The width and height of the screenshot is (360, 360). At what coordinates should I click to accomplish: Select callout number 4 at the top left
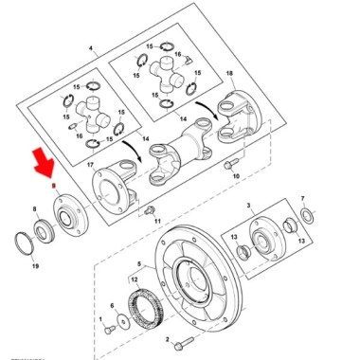[91, 48]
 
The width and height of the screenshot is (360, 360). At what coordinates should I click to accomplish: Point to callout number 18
[228, 72]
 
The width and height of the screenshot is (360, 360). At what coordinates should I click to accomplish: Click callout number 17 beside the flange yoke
[91, 167]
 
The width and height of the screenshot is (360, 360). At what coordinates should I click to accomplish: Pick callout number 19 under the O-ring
[35, 268]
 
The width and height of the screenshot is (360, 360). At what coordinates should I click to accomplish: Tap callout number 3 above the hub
[248, 206]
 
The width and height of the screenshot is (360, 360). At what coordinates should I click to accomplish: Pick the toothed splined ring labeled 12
[150, 308]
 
